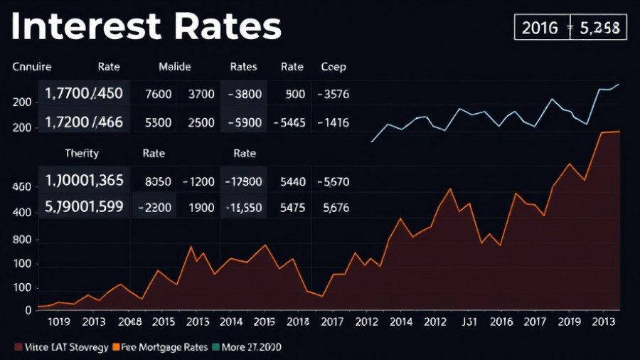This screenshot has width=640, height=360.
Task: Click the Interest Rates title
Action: (x=146, y=27)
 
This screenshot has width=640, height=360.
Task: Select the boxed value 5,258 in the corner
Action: (x=599, y=28)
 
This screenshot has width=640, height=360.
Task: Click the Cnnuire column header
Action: (x=33, y=67)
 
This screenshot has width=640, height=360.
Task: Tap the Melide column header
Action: (x=174, y=67)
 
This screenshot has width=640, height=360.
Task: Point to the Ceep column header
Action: (x=334, y=67)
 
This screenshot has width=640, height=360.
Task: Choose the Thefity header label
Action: (x=82, y=153)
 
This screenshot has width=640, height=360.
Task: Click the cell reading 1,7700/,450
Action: (x=84, y=94)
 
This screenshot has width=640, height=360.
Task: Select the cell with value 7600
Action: (x=158, y=94)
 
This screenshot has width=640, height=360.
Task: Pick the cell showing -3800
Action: (x=243, y=94)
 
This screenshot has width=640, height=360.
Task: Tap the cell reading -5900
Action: (x=243, y=122)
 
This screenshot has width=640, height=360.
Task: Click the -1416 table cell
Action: (x=333, y=122)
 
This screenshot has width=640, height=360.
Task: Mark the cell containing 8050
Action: (x=158, y=181)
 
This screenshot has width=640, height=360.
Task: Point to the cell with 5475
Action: (x=292, y=208)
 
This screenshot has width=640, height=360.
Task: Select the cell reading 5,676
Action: (x=336, y=208)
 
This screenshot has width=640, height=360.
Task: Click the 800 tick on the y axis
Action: (x=21, y=240)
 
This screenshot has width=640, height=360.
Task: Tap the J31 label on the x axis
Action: (x=470, y=322)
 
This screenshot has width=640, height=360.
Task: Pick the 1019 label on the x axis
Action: (x=57, y=322)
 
